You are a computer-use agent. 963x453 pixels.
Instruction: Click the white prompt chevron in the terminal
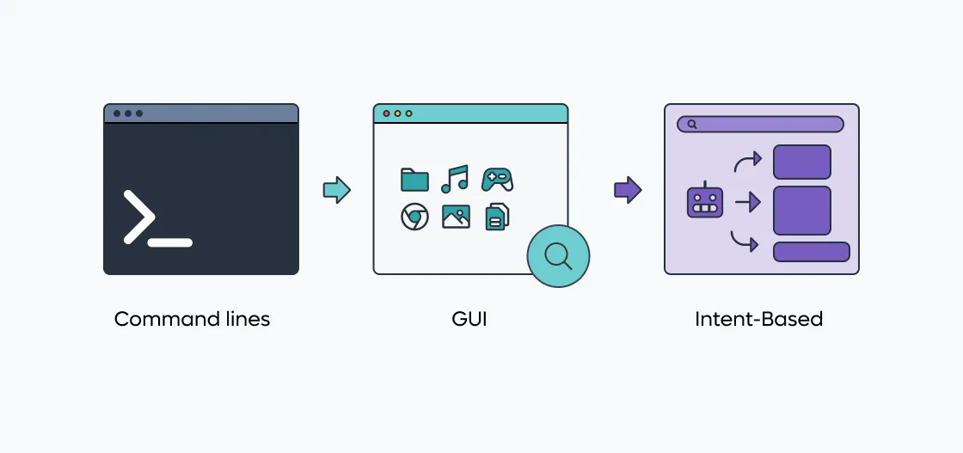[x=138, y=217]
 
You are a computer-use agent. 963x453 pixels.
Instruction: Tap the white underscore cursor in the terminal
[x=170, y=242]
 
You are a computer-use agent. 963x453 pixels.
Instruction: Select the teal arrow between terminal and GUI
[x=336, y=190]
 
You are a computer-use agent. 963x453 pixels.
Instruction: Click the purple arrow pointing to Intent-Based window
[x=628, y=190]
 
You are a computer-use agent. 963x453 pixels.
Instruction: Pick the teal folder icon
[x=414, y=180]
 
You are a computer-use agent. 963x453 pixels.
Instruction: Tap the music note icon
[x=455, y=179]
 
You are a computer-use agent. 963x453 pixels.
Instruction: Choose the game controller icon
[x=498, y=180]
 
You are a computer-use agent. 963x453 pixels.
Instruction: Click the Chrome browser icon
[x=414, y=217]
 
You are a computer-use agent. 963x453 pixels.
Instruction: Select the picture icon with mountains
[x=456, y=217]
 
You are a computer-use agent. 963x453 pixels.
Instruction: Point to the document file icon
[x=498, y=217]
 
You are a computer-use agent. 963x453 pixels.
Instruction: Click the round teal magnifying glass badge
[x=558, y=256]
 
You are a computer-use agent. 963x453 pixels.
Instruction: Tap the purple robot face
[x=705, y=200]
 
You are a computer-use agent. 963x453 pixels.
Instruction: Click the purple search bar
[x=760, y=124]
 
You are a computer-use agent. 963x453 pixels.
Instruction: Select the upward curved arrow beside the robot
[x=748, y=161]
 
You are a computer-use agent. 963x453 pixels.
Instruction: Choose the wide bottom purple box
[x=812, y=252]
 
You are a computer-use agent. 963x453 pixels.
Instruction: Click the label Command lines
[x=193, y=319]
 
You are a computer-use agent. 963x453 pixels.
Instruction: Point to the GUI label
[x=469, y=319]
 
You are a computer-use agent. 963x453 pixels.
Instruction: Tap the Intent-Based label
[x=759, y=319]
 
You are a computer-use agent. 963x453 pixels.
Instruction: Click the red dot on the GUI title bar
[x=386, y=113]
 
